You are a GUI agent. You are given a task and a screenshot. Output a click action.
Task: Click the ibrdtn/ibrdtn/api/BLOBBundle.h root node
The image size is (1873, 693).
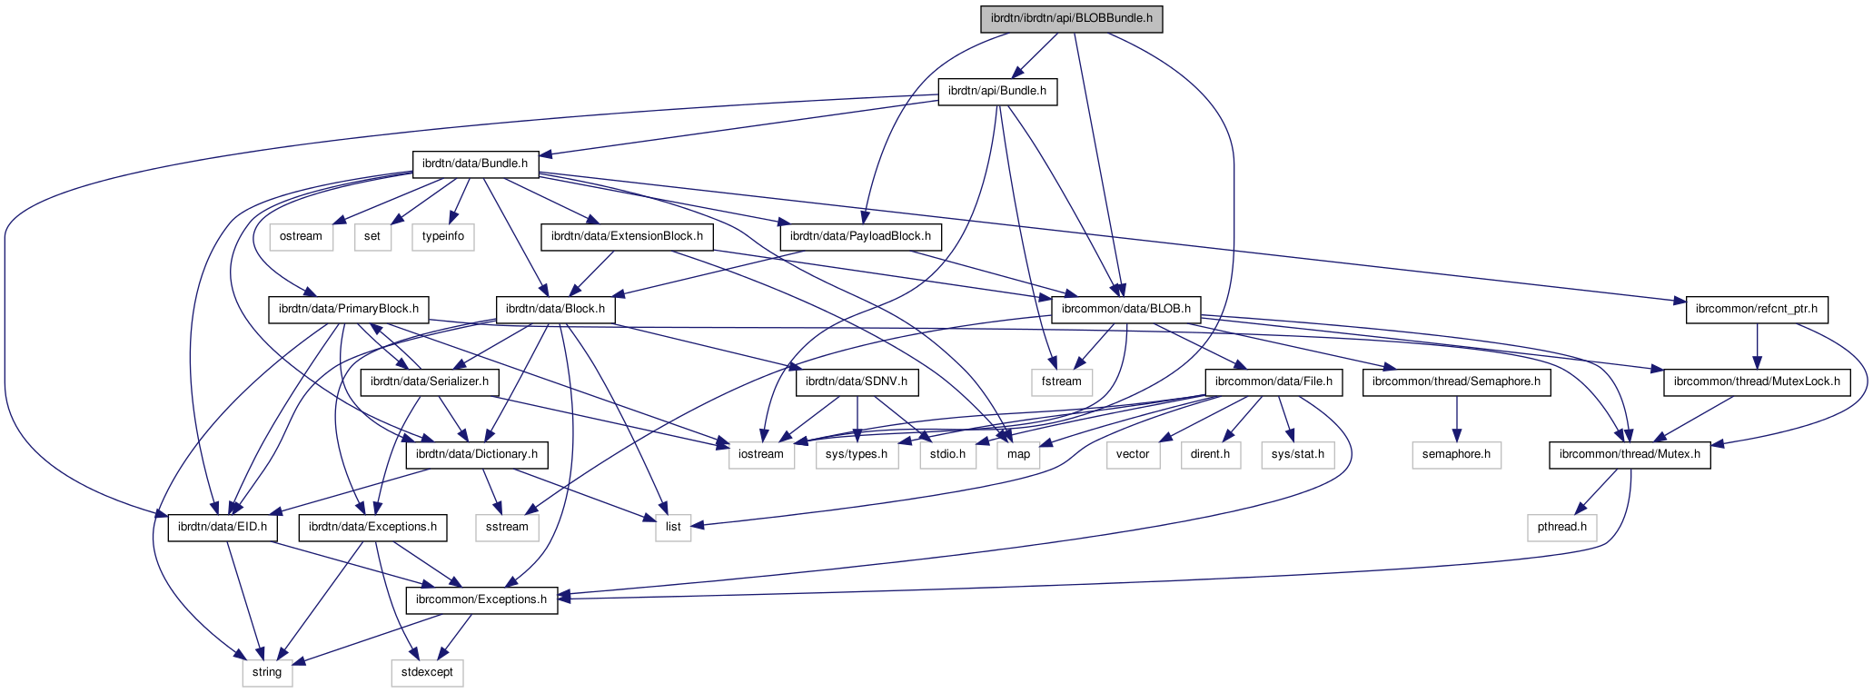coord(1071,19)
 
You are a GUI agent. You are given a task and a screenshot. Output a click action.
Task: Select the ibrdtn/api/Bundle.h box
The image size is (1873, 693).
coord(996,91)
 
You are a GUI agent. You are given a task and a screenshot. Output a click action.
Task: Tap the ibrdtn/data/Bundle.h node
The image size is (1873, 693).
coord(475,163)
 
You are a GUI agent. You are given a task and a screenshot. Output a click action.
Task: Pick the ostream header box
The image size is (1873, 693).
coord(301,236)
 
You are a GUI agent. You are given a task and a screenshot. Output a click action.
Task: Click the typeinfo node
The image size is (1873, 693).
coord(443,236)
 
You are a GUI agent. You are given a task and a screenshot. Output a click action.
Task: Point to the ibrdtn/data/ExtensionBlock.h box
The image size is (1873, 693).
coord(627,236)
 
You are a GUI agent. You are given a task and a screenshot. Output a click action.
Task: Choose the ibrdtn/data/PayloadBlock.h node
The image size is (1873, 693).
coord(860,236)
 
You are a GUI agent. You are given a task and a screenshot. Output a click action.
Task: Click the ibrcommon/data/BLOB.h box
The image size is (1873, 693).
coord(1125,309)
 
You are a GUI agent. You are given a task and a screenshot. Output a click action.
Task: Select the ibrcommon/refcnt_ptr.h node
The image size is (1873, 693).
coord(1757,309)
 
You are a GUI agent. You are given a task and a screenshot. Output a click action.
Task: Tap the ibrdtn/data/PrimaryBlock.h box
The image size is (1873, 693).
coord(348,309)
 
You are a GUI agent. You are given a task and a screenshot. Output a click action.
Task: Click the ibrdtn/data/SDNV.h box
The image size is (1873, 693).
coord(857,381)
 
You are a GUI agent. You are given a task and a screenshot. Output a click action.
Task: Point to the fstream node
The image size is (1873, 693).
coord(1061,381)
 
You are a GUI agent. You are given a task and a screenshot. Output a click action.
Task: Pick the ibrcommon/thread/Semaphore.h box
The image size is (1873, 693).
coord(1456,381)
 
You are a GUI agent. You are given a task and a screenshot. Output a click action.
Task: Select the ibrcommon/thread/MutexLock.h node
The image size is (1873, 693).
coord(1757,381)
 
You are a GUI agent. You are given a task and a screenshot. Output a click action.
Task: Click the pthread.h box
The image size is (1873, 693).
coord(1561,527)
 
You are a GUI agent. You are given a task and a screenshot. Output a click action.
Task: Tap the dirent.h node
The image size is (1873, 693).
coord(1211,454)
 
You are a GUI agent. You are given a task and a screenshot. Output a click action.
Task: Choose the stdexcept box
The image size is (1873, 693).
coord(427,672)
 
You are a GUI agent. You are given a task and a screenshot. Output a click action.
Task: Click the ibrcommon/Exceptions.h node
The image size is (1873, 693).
coord(481,599)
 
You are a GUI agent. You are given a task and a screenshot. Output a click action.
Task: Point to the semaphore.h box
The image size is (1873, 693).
coord(1456,454)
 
